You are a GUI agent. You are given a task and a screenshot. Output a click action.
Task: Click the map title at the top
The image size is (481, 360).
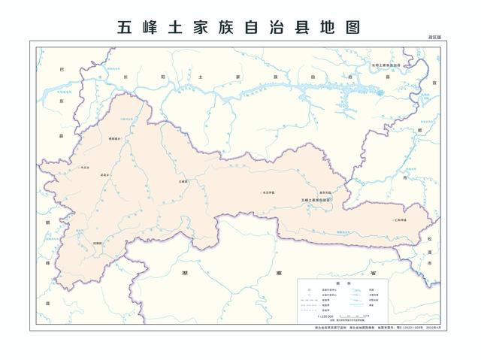(x=240, y=28)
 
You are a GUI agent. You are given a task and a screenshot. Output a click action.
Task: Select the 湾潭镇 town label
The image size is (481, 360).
(x=97, y=244)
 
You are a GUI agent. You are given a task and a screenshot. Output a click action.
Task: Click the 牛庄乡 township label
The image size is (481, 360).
(x=85, y=167)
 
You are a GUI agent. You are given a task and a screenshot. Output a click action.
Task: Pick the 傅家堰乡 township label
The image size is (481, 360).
(x=115, y=139)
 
